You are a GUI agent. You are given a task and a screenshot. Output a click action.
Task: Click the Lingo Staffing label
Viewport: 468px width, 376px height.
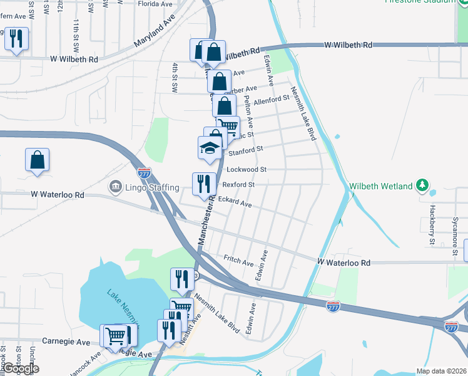click(153, 187)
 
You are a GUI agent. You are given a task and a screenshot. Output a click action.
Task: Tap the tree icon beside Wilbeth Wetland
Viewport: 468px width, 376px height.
click(423, 185)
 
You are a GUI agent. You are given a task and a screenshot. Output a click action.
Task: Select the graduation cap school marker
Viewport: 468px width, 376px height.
click(210, 148)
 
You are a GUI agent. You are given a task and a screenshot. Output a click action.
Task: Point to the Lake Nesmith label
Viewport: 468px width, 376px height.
click(123, 304)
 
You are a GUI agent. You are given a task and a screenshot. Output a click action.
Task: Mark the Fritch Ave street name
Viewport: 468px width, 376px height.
click(238, 260)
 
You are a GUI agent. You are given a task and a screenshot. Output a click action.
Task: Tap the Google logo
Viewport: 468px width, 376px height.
click(20, 368)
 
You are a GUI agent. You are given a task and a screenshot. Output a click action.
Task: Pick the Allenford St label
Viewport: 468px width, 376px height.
click(271, 98)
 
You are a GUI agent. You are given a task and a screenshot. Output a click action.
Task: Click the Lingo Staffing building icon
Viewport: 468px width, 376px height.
click(115, 187)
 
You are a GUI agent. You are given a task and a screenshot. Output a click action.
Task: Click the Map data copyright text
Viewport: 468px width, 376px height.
click(441, 371)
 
